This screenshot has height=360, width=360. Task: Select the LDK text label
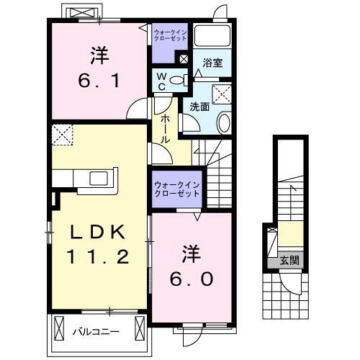click(x=99, y=233)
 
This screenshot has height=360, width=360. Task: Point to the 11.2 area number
click(x=99, y=256)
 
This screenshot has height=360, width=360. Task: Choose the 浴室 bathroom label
click(x=213, y=63)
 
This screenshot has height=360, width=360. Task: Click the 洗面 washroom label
click(x=199, y=107)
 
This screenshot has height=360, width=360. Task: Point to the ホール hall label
click(x=166, y=128)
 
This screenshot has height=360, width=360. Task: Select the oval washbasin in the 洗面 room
click(x=223, y=122)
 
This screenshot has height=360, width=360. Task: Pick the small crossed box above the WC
click(x=184, y=59)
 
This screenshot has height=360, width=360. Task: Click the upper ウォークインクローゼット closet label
click(x=170, y=36)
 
